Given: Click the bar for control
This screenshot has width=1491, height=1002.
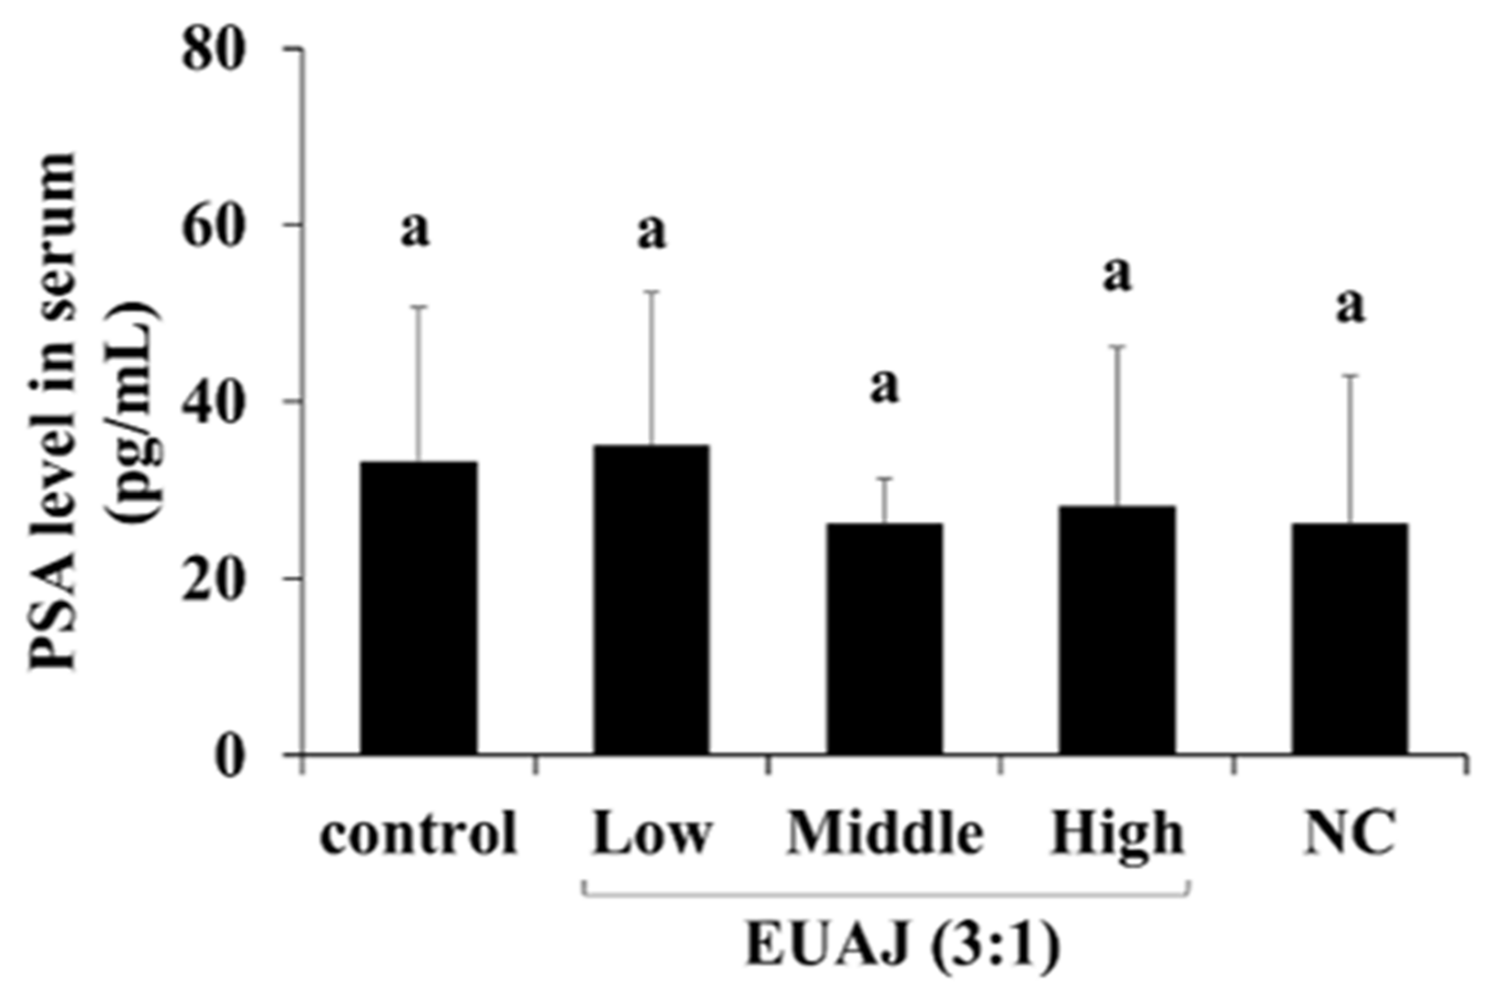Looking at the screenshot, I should tap(419, 607).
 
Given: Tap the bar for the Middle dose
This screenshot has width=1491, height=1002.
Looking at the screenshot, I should tap(884, 638).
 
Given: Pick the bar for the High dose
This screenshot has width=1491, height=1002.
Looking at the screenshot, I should tap(1117, 630).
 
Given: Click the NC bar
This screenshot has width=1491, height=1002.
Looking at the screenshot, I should tap(1350, 638).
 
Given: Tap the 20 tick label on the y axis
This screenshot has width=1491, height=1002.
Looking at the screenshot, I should tap(214, 579).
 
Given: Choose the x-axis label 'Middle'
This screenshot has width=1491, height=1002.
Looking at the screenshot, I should tap(885, 834).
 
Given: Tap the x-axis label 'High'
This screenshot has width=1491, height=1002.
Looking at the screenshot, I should tap(1117, 834).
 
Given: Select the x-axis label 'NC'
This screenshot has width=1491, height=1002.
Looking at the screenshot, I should tap(1349, 834).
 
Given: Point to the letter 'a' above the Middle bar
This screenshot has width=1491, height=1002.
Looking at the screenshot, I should tap(884, 387).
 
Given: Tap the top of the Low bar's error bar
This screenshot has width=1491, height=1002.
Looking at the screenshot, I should tap(651, 292).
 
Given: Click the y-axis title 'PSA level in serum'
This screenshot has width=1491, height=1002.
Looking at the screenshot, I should tap(54, 409).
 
